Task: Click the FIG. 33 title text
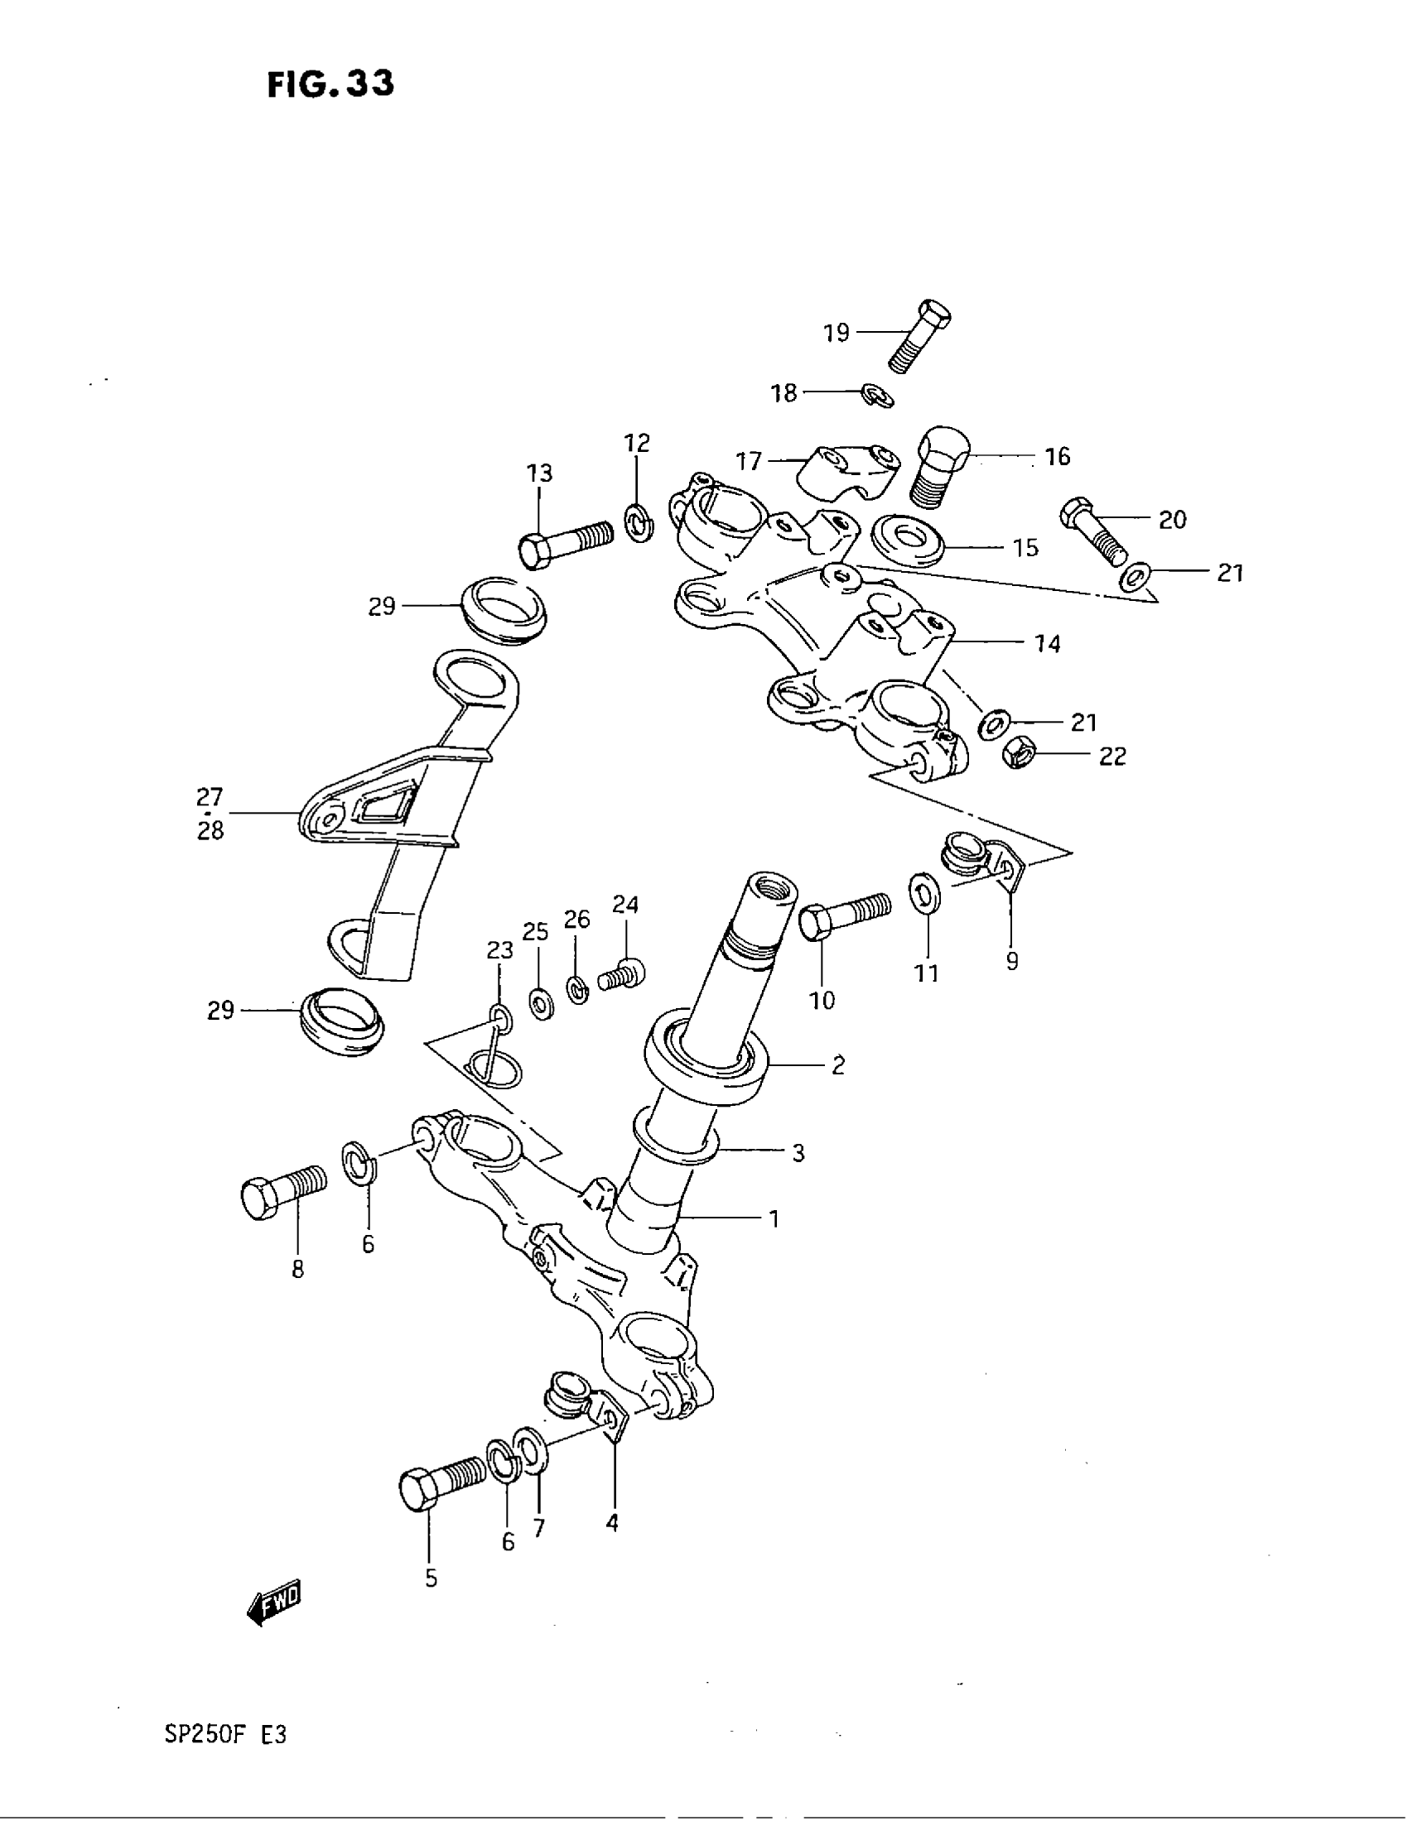330,84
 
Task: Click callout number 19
836,333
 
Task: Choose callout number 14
1048,644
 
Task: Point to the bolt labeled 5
441,1483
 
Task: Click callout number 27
210,797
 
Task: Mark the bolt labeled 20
1093,532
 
